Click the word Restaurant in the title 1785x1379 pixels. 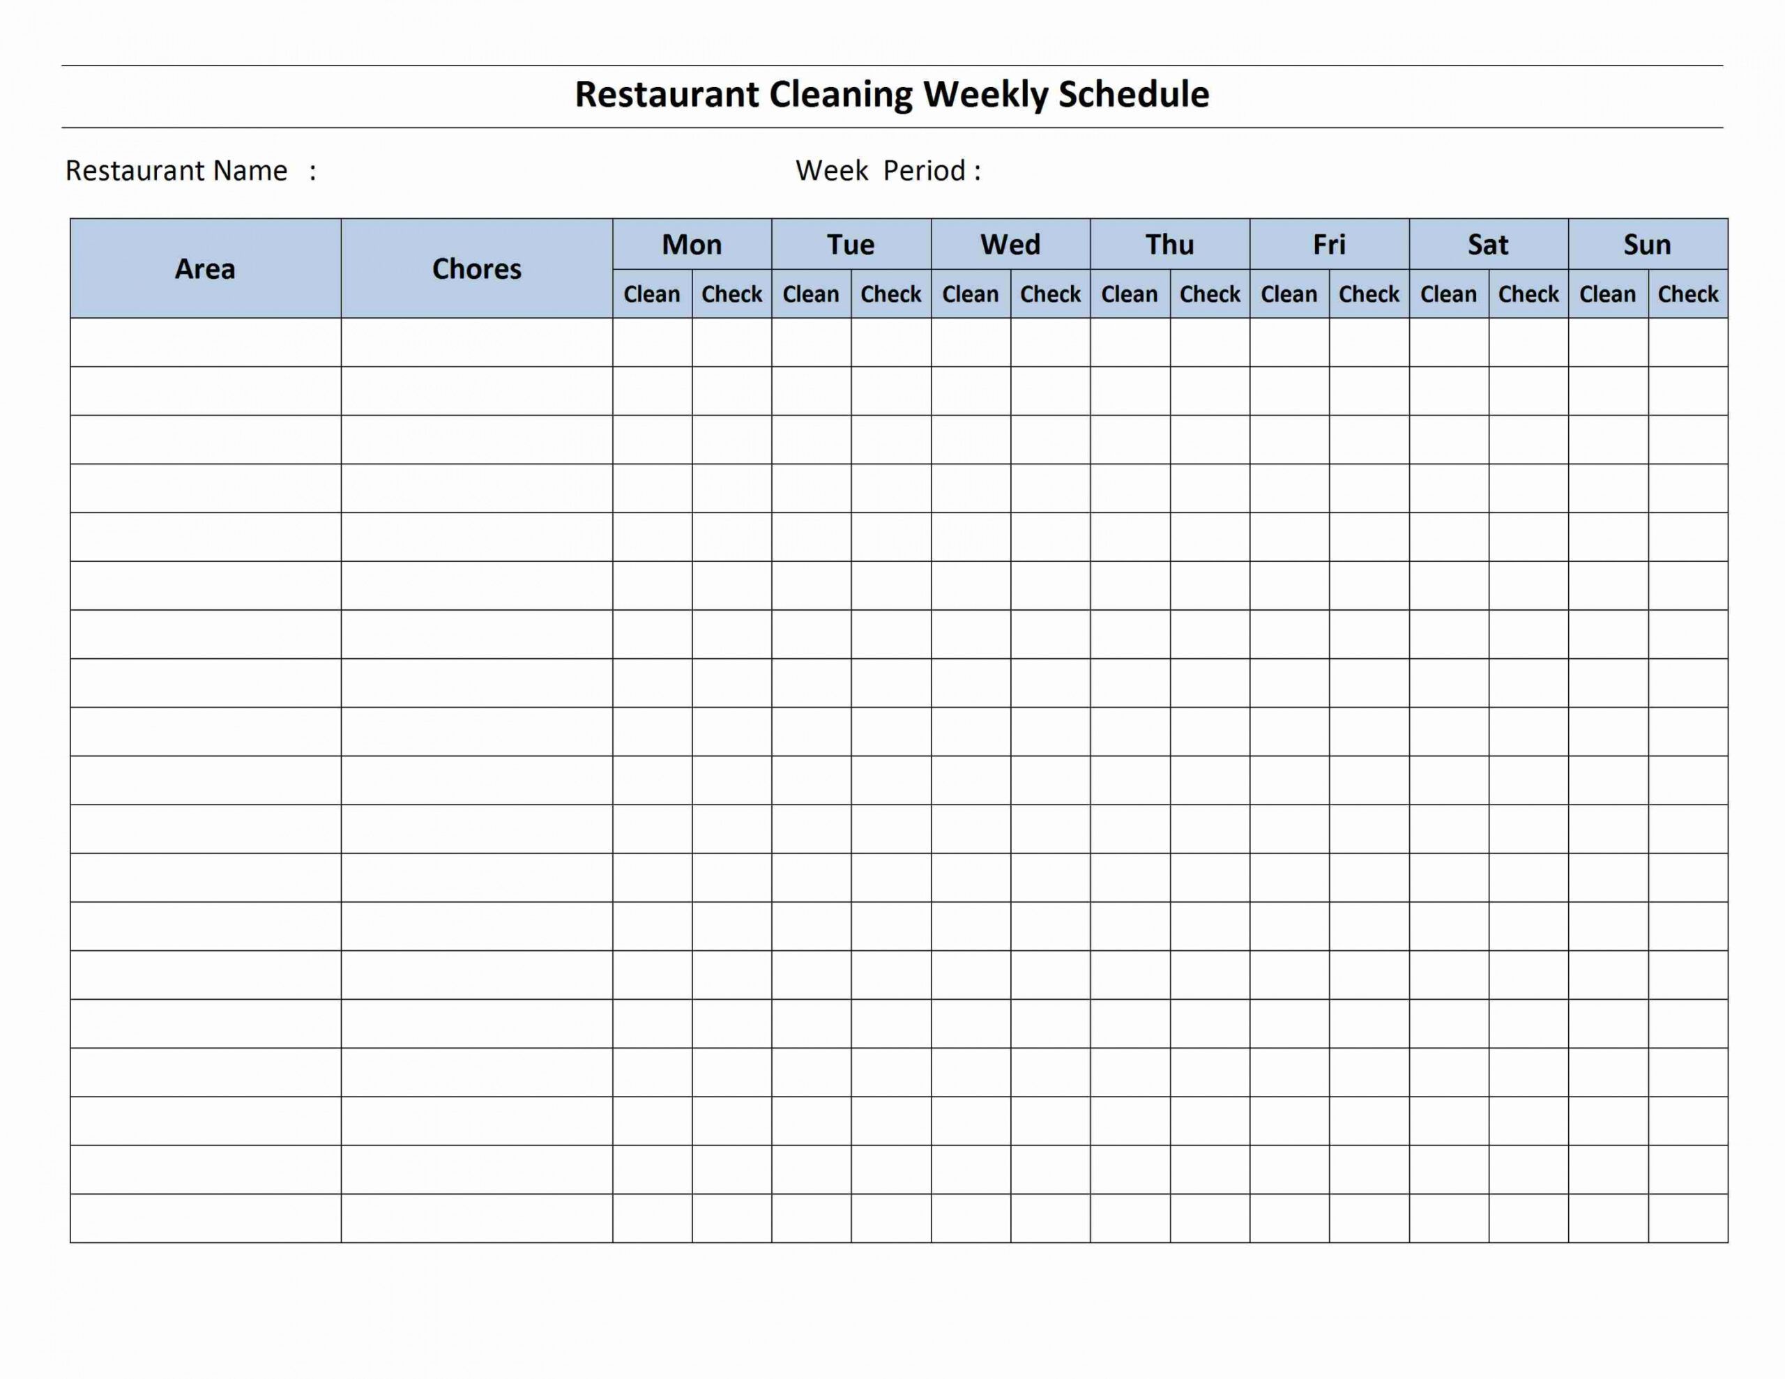pyautogui.click(x=667, y=95)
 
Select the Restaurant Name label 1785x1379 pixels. pyautogui.click(x=176, y=171)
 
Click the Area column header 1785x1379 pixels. pyautogui.click(x=205, y=269)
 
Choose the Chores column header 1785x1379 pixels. pyautogui.click(x=476, y=269)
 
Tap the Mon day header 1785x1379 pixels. pyautogui.click(x=692, y=245)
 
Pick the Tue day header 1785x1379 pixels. pyautogui.click(x=851, y=245)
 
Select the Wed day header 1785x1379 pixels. pyautogui.click(x=1010, y=245)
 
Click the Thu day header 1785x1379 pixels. pyautogui.click(x=1169, y=245)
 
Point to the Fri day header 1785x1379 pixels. pyautogui.click(x=1329, y=245)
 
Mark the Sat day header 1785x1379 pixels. pyautogui.click(x=1489, y=245)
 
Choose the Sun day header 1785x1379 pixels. pyautogui.click(x=1647, y=245)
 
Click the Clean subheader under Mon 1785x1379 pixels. pyautogui.click(x=651, y=294)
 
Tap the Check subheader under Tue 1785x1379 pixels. pyautogui.click(x=891, y=294)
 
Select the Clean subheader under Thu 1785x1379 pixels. pyautogui.click(x=1130, y=294)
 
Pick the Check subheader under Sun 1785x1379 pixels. pyautogui.click(x=1688, y=294)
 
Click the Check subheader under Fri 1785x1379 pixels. pyautogui.click(x=1369, y=294)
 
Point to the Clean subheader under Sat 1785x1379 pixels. pyautogui.click(x=1448, y=294)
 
